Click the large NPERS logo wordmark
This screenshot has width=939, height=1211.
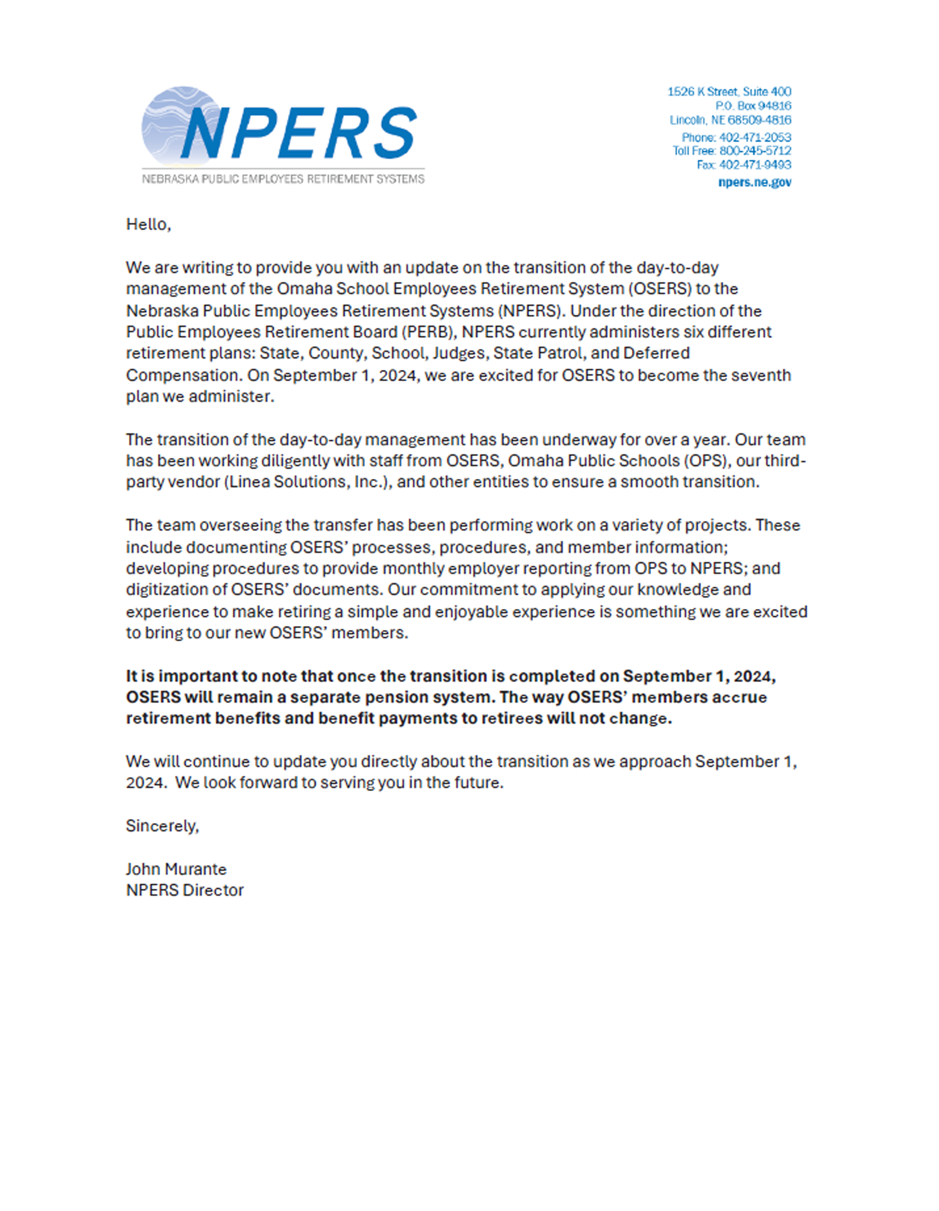click(x=299, y=133)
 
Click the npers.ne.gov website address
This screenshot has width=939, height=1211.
click(x=755, y=182)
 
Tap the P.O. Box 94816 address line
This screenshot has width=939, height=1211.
click(x=753, y=105)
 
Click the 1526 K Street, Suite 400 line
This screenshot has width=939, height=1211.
click(x=729, y=92)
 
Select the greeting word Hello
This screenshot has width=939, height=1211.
click(x=147, y=225)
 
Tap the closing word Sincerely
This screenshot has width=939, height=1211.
click(x=161, y=826)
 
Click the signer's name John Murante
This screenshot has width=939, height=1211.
click(x=176, y=869)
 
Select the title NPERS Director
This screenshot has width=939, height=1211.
click(x=184, y=890)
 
